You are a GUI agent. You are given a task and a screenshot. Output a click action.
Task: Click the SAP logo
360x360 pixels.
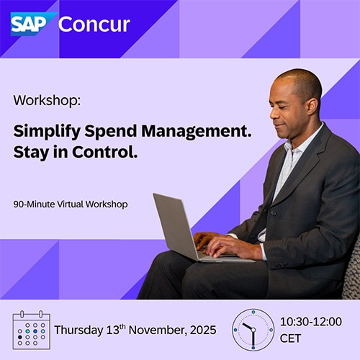(x=33, y=24)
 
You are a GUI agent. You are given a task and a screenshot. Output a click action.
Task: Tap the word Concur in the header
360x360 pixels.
(x=94, y=24)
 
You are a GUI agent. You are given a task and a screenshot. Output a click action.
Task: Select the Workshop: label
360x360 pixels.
(x=47, y=100)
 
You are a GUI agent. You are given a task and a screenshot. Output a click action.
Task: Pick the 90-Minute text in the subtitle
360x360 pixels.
(x=35, y=204)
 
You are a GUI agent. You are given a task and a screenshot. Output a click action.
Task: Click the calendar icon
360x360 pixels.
(x=32, y=330)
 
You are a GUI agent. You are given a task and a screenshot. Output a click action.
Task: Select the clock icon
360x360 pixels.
(x=253, y=330)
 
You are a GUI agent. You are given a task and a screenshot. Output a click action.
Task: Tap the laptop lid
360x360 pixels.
(x=175, y=225)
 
